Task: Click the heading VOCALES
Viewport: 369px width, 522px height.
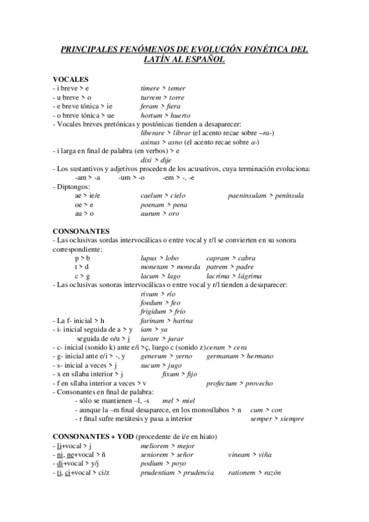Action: (70, 79)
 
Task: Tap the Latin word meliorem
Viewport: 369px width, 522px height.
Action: (156, 446)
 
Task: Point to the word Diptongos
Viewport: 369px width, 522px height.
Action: (73, 187)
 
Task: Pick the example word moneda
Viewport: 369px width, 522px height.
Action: (187, 267)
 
